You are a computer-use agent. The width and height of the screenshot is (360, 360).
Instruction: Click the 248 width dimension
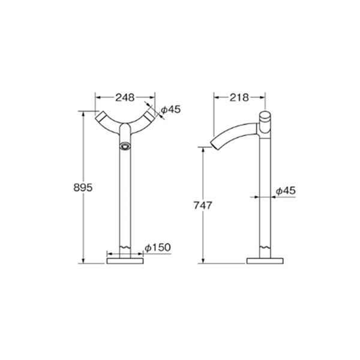(125, 98)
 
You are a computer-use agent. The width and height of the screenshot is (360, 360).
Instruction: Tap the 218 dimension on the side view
(239, 98)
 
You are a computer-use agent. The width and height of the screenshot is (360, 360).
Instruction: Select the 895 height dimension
(83, 188)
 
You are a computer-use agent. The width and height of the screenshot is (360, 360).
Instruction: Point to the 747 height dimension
(203, 205)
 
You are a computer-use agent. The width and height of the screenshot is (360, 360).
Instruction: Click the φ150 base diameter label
(158, 247)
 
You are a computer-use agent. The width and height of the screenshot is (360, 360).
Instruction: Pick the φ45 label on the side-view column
(286, 191)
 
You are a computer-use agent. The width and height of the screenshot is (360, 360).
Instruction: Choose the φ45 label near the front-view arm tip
(170, 110)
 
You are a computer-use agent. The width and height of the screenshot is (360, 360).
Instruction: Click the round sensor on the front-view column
(125, 146)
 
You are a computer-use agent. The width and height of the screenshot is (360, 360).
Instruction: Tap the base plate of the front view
(125, 261)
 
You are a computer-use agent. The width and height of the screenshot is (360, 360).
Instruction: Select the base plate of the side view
(265, 261)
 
